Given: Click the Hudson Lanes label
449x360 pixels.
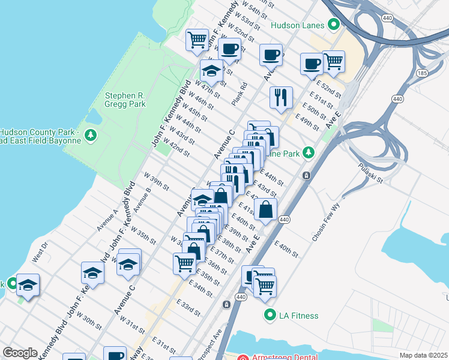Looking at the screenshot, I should tap(298, 25).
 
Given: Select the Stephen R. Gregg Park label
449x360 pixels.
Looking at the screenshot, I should tap(125, 99).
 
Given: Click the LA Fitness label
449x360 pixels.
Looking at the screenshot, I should tap(298, 315).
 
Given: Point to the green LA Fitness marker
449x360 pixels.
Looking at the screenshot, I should tap(270, 314).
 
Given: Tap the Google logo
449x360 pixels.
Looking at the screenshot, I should tap(20, 353).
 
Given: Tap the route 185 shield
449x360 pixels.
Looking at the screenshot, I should tap(422, 73).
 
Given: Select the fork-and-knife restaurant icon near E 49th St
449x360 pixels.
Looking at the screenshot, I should tap(281, 97).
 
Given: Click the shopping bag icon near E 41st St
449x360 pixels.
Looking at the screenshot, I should tap(265, 209).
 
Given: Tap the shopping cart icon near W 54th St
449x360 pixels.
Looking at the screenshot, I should tap(197, 40).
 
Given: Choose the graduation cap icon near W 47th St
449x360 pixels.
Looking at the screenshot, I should tap(211, 71).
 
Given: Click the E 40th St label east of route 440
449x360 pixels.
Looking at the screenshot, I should tap(287, 249).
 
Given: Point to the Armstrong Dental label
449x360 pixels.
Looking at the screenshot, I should tap(276, 356).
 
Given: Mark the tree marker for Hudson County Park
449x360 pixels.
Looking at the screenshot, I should tap(91, 136).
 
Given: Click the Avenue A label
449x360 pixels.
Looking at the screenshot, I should tap(107, 220).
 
